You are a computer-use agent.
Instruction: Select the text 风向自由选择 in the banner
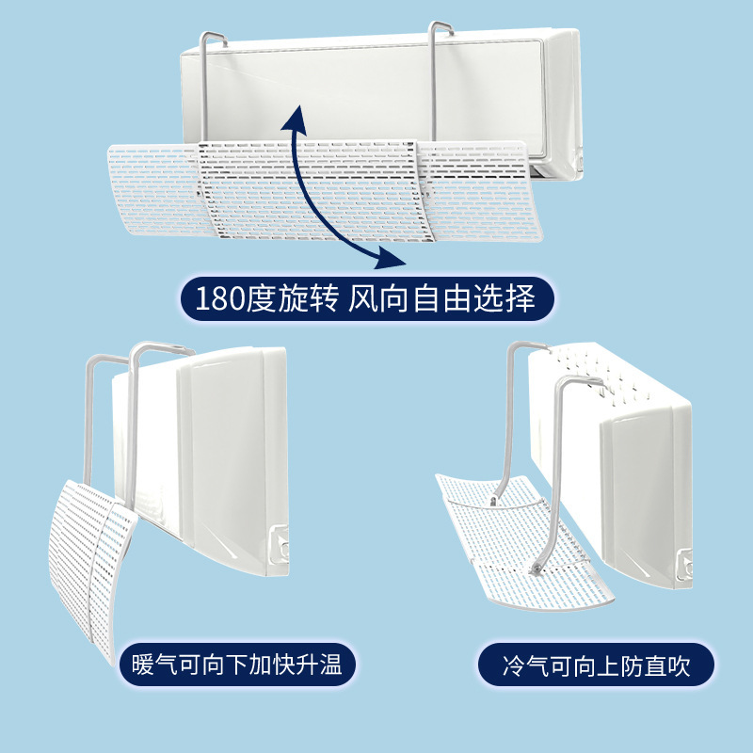coord(442,299)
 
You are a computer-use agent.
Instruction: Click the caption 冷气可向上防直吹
coord(583,666)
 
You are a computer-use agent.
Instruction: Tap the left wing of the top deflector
coord(151,179)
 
